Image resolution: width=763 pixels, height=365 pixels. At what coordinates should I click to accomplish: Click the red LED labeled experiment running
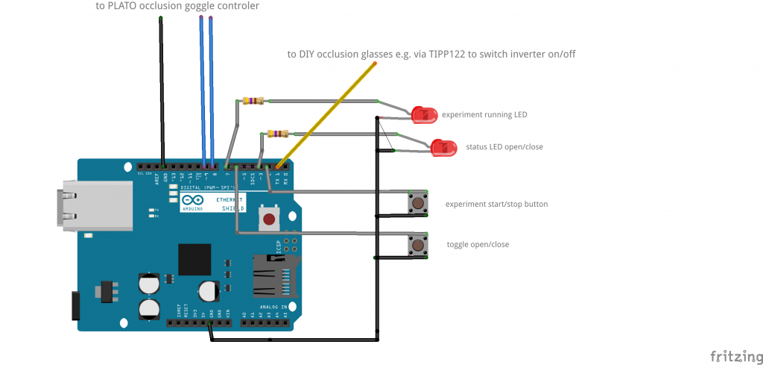(425, 115)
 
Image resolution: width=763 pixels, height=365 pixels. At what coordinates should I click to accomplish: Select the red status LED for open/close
(444, 148)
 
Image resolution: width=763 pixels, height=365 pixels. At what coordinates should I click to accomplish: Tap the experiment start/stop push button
(419, 203)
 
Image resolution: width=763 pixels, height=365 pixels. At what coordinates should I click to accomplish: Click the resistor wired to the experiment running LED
(253, 101)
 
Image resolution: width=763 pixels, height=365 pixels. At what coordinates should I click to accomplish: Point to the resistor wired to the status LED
(276, 134)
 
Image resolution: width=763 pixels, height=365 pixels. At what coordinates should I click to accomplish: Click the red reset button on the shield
(268, 219)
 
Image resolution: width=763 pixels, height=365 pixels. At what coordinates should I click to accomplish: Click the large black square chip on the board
(194, 259)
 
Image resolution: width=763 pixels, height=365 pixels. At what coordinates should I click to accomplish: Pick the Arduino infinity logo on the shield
(188, 200)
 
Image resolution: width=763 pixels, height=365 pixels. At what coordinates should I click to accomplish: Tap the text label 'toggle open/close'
(478, 244)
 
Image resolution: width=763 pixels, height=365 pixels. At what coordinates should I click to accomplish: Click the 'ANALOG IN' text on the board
(271, 307)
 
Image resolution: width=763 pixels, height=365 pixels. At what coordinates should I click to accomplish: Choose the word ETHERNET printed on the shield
(229, 200)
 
